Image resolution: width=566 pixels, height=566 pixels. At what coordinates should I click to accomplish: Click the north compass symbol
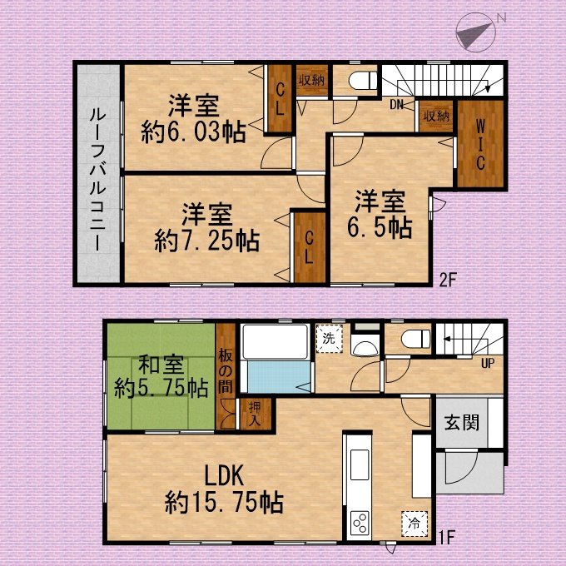[x=476, y=32]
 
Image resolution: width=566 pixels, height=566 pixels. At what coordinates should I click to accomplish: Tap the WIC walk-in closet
[x=480, y=144]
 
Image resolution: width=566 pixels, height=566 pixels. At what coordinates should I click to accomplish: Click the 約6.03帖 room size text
[x=193, y=132]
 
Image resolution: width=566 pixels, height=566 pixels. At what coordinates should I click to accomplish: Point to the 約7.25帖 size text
[x=206, y=241]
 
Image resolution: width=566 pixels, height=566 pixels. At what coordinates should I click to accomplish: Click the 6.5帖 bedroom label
[x=380, y=227]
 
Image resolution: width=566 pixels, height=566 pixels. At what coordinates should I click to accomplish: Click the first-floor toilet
[x=416, y=340]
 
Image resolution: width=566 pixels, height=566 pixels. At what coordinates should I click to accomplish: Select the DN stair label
[x=396, y=105]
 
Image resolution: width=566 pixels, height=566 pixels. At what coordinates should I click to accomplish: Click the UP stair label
[x=488, y=363]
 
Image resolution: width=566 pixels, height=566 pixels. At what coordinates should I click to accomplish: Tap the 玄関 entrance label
[x=462, y=422]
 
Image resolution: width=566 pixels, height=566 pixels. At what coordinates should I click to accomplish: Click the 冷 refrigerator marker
[x=415, y=524]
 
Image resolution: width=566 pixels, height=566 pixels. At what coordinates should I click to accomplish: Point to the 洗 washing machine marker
[x=329, y=339]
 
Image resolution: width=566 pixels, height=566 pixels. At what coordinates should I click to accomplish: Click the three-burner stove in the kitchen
[x=360, y=523]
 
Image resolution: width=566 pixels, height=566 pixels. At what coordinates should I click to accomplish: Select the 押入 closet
[x=256, y=414]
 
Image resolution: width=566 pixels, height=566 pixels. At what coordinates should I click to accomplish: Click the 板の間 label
[x=226, y=372]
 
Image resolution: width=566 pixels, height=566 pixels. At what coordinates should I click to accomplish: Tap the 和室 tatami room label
[x=161, y=365]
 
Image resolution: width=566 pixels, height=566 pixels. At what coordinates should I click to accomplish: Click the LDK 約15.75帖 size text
[x=224, y=503]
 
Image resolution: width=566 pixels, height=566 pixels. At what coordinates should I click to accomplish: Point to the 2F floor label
[x=448, y=280]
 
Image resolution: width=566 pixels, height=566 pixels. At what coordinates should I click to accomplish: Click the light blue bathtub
[x=278, y=377]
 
